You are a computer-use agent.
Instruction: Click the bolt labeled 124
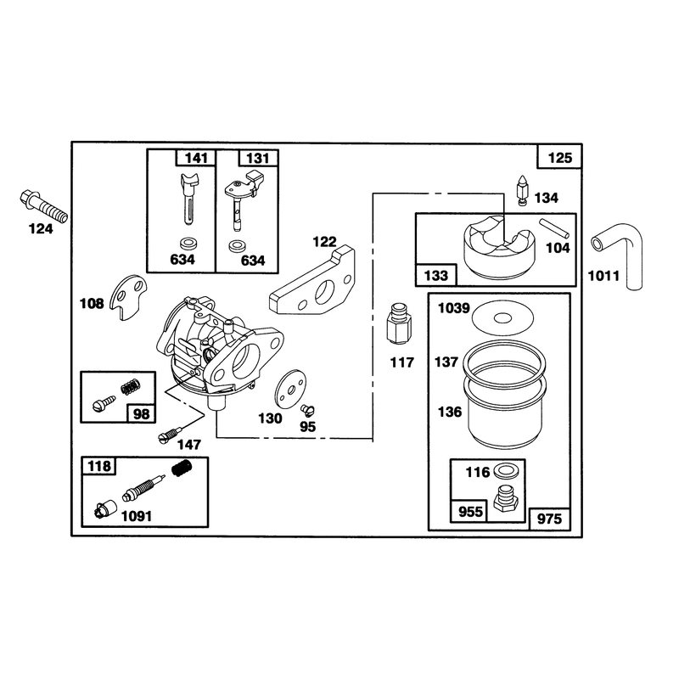coord(43,206)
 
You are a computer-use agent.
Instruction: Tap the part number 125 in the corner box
coord(560,158)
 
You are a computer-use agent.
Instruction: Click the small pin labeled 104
coord(554,228)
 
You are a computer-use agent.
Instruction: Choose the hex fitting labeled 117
coord(399,324)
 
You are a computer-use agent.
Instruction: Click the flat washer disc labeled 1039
coord(502,317)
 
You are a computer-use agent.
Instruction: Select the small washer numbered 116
coord(503,470)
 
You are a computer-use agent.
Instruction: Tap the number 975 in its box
coord(549,519)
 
